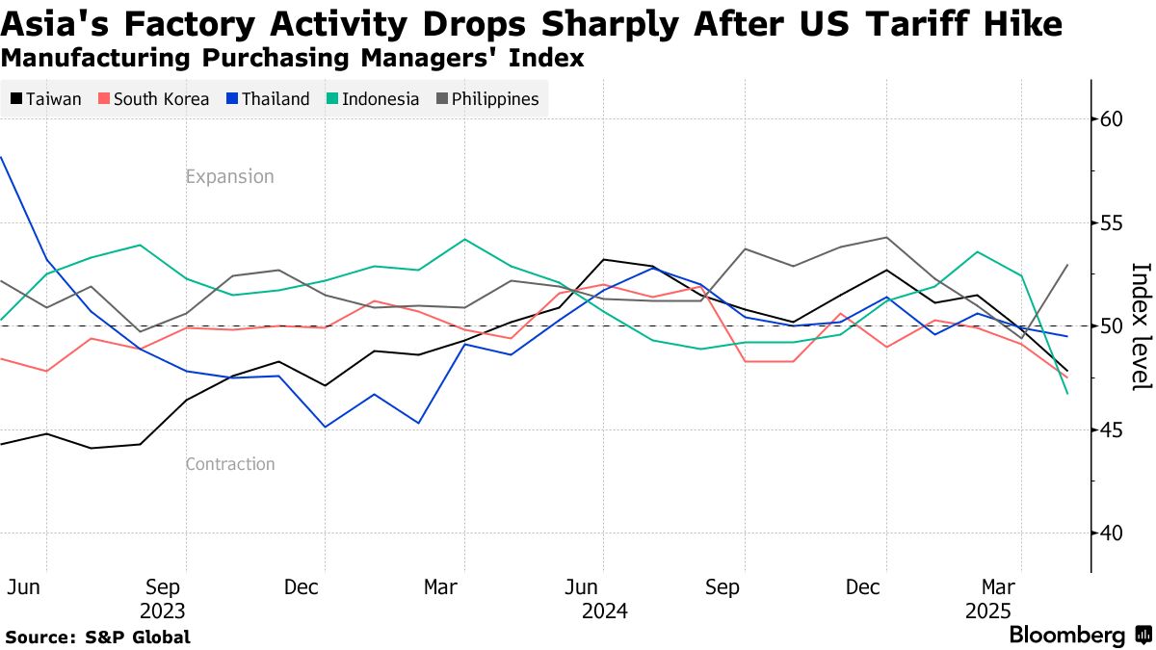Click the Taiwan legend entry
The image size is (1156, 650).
(47, 99)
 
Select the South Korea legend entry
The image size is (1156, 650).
(153, 99)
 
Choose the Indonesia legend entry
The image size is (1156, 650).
(373, 99)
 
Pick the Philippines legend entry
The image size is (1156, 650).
(487, 99)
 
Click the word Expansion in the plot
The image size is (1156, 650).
(229, 177)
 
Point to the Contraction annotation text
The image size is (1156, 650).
(229, 464)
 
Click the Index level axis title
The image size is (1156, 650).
(1140, 326)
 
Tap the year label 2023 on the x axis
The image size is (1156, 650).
(163, 611)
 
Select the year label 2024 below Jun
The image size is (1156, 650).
(605, 611)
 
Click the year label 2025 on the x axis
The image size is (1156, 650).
(987, 611)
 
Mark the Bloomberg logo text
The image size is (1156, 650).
(1066, 636)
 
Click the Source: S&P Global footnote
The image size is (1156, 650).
(97, 637)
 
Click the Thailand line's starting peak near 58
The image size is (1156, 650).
(2, 157)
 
